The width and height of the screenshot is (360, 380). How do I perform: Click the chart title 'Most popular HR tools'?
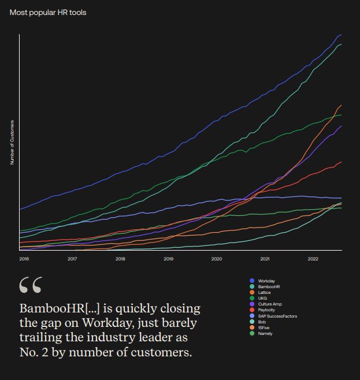48,12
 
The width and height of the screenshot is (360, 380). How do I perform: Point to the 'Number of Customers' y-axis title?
12,143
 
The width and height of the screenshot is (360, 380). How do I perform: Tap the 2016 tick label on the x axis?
24,259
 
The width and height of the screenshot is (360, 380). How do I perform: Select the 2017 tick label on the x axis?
72,259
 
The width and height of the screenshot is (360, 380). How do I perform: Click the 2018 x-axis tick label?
120,259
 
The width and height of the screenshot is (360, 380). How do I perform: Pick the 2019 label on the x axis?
168,259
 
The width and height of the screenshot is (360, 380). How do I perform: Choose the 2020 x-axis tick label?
217,259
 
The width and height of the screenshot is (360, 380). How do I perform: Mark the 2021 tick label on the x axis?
265,259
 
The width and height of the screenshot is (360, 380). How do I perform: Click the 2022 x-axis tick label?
313,259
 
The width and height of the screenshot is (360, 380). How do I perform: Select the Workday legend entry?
266,281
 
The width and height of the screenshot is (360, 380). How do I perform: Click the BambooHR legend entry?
269,286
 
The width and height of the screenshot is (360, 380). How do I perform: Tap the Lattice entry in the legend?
265,292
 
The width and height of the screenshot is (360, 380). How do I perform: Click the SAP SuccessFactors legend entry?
277,316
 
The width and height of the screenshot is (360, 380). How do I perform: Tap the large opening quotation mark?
30,285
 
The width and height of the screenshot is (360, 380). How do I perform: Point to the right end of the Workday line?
341,35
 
